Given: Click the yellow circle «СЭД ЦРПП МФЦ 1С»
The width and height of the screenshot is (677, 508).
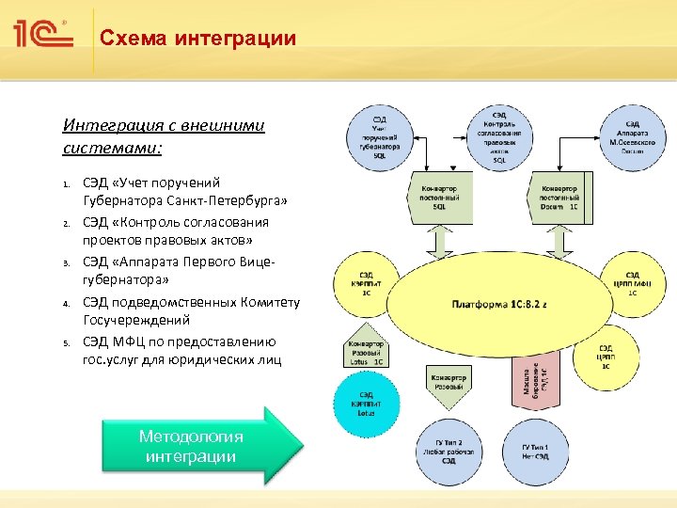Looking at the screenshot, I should pos(632,280).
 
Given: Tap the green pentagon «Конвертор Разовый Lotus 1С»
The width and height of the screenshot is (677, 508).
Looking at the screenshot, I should pos(366,350).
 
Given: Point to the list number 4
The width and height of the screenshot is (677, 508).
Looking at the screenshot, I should pos(67,303).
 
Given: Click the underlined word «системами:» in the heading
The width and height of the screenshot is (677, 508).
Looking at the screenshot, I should pos(112,148).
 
